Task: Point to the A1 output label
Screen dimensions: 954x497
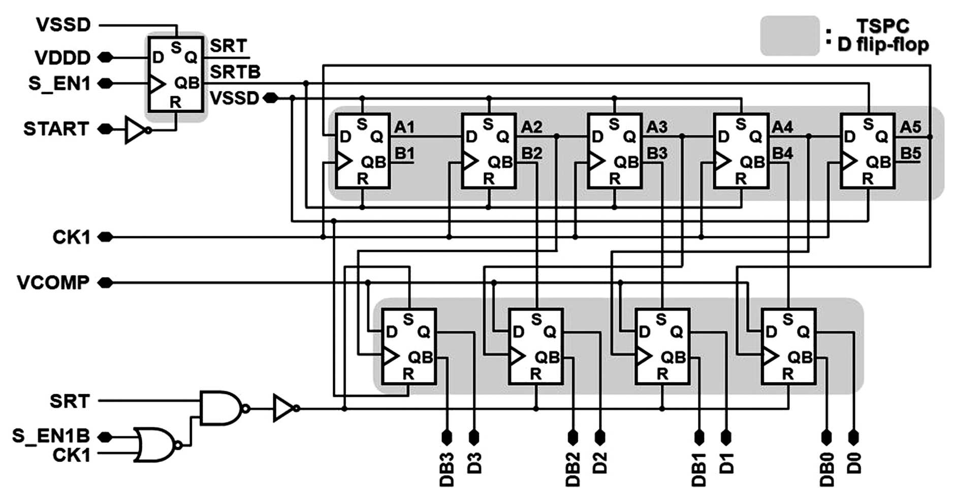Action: (x=404, y=127)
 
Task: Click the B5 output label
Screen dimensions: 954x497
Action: (x=910, y=153)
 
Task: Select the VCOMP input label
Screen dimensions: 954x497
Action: (x=53, y=283)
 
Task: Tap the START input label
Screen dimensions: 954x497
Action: (x=56, y=129)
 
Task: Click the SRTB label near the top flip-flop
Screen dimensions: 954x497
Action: (x=235, y=72)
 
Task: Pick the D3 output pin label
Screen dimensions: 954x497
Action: (x=474, y=463)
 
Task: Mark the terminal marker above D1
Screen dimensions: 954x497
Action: (x=726, y=437)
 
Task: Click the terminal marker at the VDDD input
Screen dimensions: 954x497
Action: (x=105, y=57)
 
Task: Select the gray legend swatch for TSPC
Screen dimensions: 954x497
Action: (x=789, y=36)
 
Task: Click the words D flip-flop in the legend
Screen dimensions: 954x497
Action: (x=883, y=45)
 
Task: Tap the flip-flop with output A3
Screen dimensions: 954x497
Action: (x=615, y=151)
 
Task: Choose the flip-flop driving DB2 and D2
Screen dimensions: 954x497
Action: (x=536, y=346)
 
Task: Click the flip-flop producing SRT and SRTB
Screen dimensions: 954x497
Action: (x=176, y=74)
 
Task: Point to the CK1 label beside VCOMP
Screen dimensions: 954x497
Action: (x=72, y=237)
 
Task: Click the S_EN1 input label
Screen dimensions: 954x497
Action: (x=59, y=83)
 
